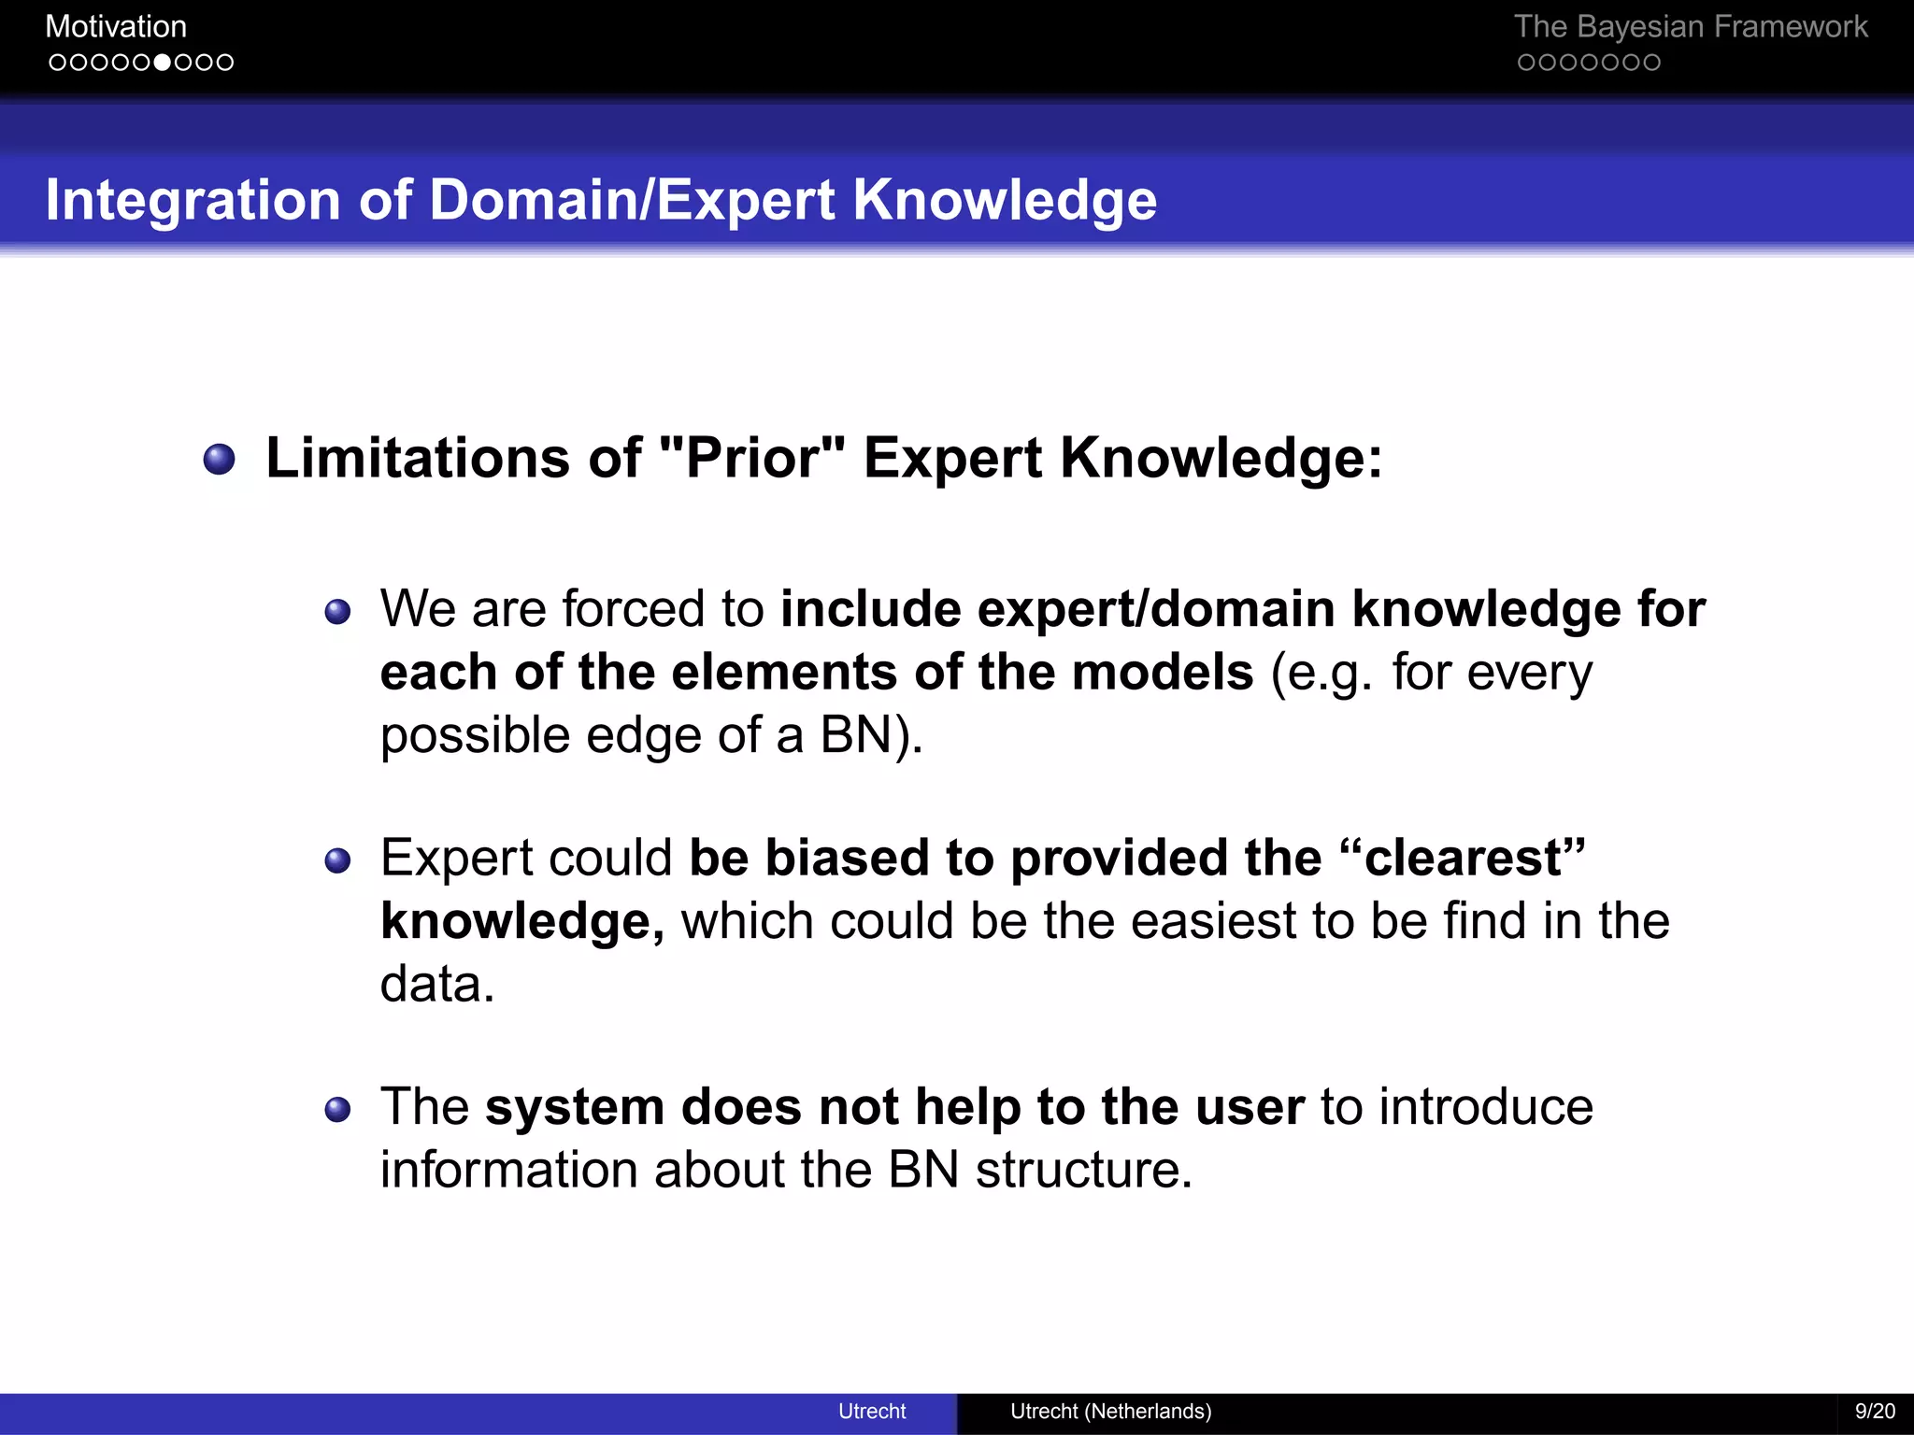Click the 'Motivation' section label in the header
point(116,26)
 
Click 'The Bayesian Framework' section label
point(1690,26)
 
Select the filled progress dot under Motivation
point(163,63)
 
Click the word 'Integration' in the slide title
point(193,200)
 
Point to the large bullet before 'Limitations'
point(220,459)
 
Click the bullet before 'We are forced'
point(337,613)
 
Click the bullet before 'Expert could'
point(337,860)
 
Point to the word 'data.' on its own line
point(436,984)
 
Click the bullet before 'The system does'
point(337,1110)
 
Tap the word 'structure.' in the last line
point(1084,1170)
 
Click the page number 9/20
point(1875,1411)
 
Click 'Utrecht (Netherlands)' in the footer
point(1110,1411)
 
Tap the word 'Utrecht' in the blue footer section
point(871,1411)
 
